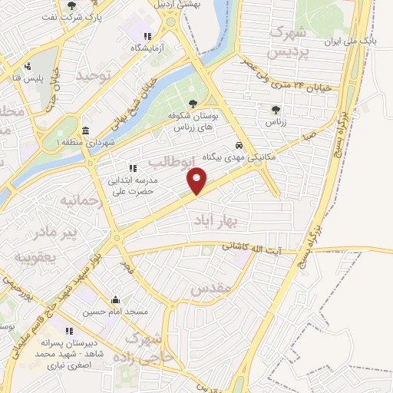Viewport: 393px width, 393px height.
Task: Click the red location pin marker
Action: [197, 182]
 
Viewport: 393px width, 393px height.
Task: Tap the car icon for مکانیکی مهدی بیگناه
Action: [240, 144]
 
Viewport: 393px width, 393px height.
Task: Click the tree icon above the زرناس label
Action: [276, 110]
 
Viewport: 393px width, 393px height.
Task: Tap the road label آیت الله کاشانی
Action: [253, 249]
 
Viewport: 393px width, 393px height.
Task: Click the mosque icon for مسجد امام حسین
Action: [115, 300]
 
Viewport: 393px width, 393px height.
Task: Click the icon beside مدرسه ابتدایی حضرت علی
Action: [132, 168]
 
